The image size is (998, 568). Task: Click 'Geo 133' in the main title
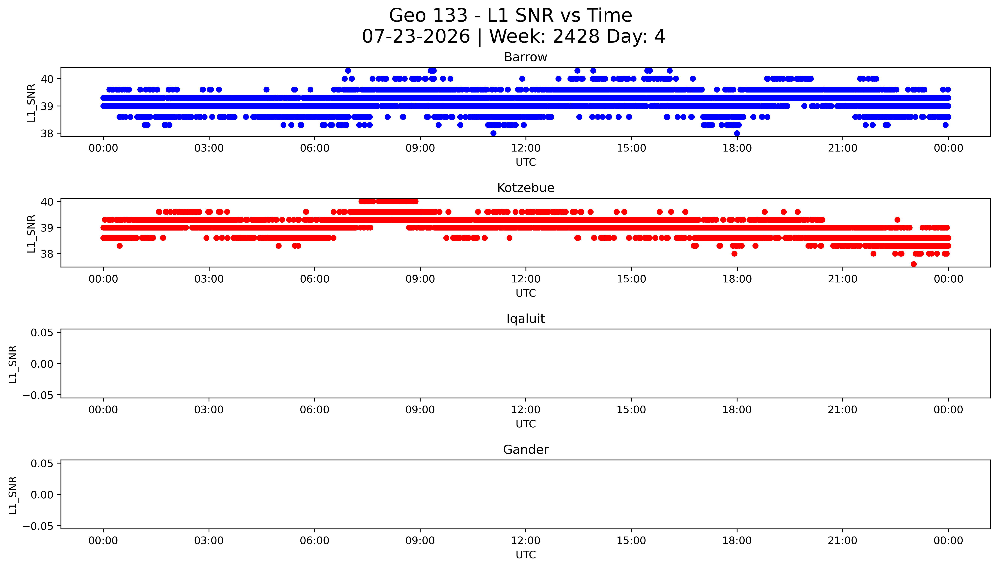pos(428,16)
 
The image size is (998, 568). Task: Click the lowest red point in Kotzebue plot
pos(914,264)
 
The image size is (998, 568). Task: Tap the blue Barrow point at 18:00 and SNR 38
pos(737,133)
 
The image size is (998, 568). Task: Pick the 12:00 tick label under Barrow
pos(526,148)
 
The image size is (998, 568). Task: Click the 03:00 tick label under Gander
pos(209,541)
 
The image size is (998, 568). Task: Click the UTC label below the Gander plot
pos(526,555)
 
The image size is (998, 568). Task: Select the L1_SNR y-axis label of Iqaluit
pos(13,364)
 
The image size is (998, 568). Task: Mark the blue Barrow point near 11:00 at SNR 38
pos(493,133)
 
